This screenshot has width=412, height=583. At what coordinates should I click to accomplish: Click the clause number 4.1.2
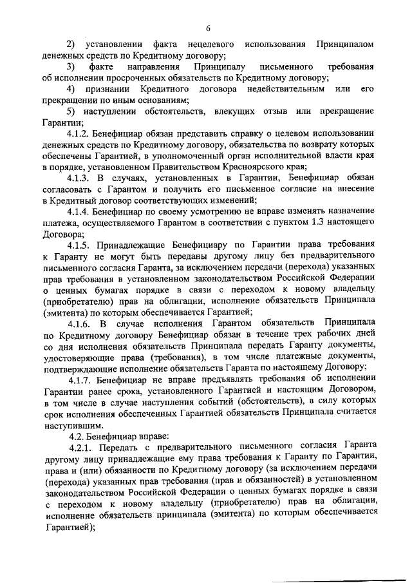pos(79,135)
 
